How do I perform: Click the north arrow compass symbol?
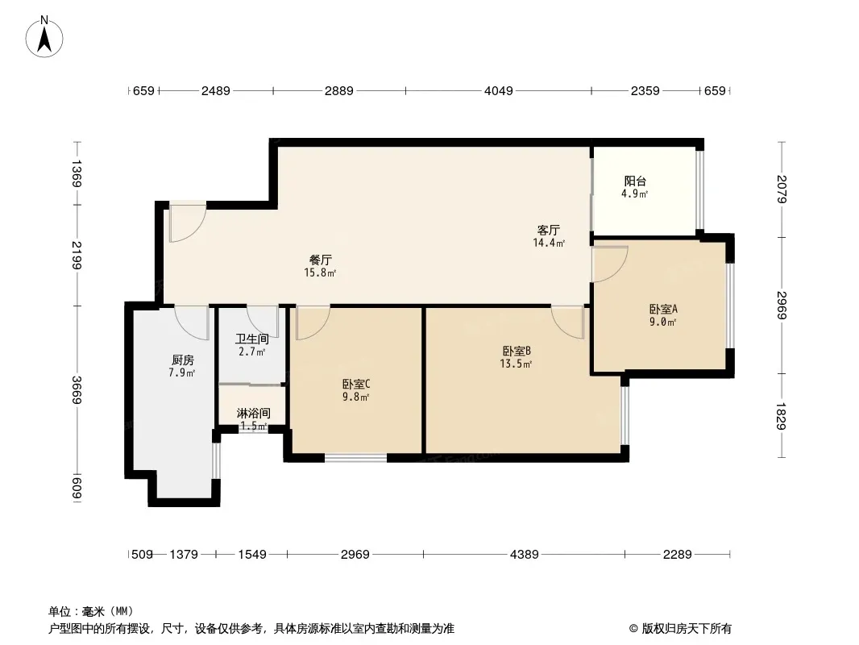click(x=44, y=37)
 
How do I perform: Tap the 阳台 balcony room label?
click(x=635, y=181)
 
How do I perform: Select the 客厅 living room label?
click(x=549, y=230)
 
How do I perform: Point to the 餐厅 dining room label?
click(x=321, y=260)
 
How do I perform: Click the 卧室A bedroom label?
click(x=663, y=309)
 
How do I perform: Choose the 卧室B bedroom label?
click(x=517, y=351)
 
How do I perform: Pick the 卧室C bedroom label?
click(x=357, y=384)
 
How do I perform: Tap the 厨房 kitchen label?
click(x=182, y=360)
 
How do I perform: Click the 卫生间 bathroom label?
click(x=252, y=339)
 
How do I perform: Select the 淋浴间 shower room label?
click(x=253, y=413)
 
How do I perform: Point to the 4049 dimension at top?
click(x=499, y=91)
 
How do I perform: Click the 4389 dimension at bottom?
click(x=525, y=555)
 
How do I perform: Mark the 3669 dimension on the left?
click(x=76, y=390)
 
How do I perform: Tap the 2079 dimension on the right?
click(x=782, y=189)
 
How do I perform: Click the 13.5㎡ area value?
click(x=516, y=364)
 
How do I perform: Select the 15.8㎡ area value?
click(x=321, y=273)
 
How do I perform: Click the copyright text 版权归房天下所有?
click(x=687, y=629)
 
